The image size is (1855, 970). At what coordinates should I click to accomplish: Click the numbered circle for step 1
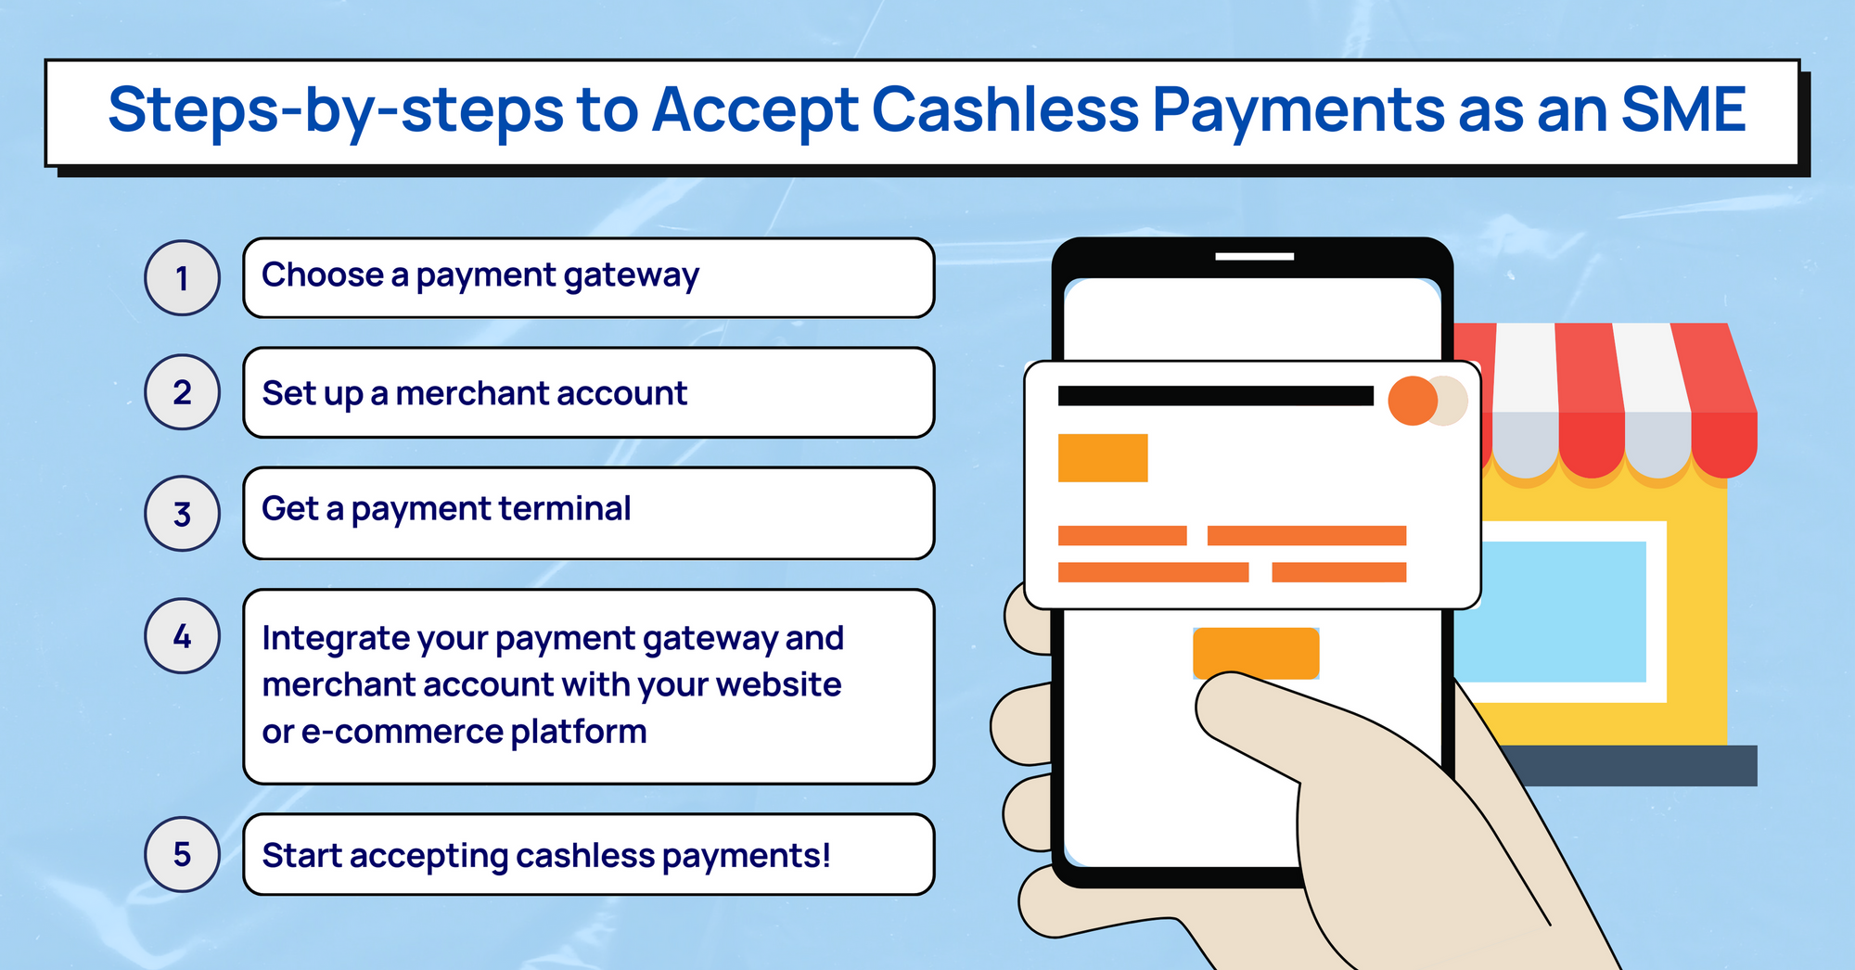pos(182,277)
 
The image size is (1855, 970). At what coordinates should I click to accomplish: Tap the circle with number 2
pos(182,391)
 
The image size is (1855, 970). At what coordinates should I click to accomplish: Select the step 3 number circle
pos(182,513)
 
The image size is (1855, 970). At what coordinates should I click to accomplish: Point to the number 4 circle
pos(182,635)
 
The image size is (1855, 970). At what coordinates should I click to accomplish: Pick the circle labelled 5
pos(182,854)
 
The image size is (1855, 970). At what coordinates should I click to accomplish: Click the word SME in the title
pos(1683,109)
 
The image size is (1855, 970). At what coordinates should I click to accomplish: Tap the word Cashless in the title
pos(1005,109)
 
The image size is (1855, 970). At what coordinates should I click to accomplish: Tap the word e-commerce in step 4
pos(402,732)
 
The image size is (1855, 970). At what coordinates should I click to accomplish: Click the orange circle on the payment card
pos(1413,401)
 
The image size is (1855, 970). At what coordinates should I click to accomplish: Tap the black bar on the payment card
pos(1215,396)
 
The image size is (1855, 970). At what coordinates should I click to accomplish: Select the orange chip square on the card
pos(1103,458)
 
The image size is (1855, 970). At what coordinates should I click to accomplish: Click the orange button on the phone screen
pos(1256,653)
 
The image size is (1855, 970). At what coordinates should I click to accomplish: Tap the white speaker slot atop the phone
pos(1254,256)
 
